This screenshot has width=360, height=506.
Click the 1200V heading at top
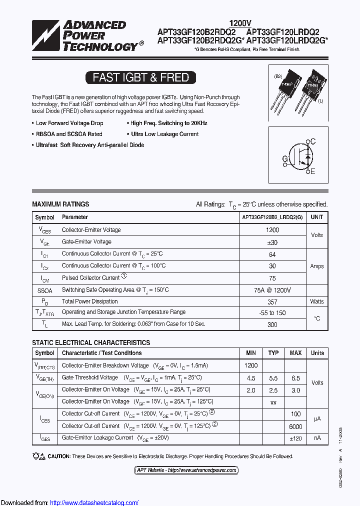pyautogui.click(x=240, y=23)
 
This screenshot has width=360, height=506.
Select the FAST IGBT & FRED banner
pyautogui.click(x=140, y=77)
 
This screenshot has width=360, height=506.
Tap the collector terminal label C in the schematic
pyautogui.click(x=313, y=142)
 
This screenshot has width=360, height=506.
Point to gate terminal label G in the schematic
pyautogui.click(x=285, y=159)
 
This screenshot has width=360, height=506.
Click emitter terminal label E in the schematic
pyautogui.click(x=313, y=172)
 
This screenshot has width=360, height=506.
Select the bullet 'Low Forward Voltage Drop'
pyautogui.click(x=69, y=123)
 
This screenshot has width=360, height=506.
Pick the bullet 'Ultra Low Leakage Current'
pyautogui.click(x=164, y=134)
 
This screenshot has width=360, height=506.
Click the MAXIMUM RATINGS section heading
pyautogui.click(x=60, y=204)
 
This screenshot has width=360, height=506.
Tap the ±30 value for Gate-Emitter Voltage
pyautogui.click(x=272, y=242)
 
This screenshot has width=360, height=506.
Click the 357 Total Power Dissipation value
pyautogui.click(x=272, y=301)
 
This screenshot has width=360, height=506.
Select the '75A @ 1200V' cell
pyautogui.click(x=272, y=290)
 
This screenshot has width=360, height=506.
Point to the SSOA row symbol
pyautogui.click(x=44, y=290)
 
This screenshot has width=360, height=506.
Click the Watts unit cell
pyautogui.click(x=317, y=301)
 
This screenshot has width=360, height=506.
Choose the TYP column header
pyautogui.click(x=273, y=353)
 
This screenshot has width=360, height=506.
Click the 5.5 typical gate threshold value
pyautogui.click(x=273, y=378)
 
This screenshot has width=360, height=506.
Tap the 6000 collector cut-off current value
pyautogui.click(x=295, y=426)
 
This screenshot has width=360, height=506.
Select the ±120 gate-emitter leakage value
pyautogui.click(x=295, y=438)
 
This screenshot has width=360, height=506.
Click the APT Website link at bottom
pyautogui.click(x=186, y=470)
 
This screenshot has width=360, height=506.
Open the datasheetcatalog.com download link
pyautogui.click(x=94, y=502)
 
